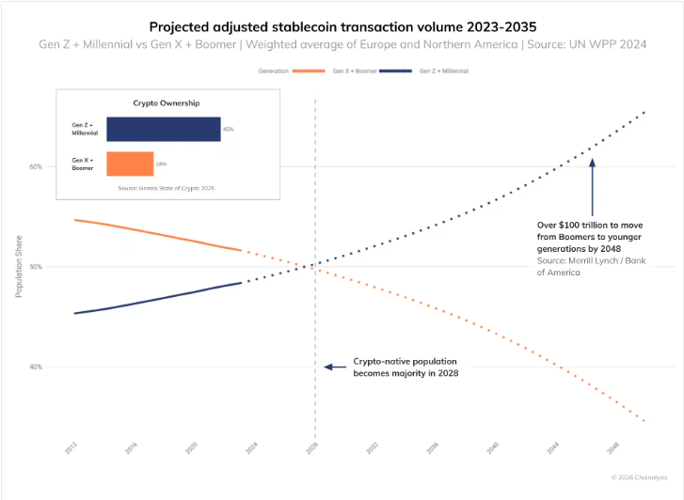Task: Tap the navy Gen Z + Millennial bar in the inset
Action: click(x=163, y=129)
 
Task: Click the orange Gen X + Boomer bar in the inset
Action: click(x=129, y=164)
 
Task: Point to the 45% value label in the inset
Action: click(x=228, y=129)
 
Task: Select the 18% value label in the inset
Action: click(x=161, y=164)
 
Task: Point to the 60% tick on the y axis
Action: click(x=35, y=167)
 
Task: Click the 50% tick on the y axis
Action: click(x=35, y=267)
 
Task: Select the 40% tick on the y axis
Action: click(x=35, y=367)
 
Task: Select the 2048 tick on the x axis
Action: click(x=612, y=449)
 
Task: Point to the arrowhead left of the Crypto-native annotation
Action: click(x=326, y=367)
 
